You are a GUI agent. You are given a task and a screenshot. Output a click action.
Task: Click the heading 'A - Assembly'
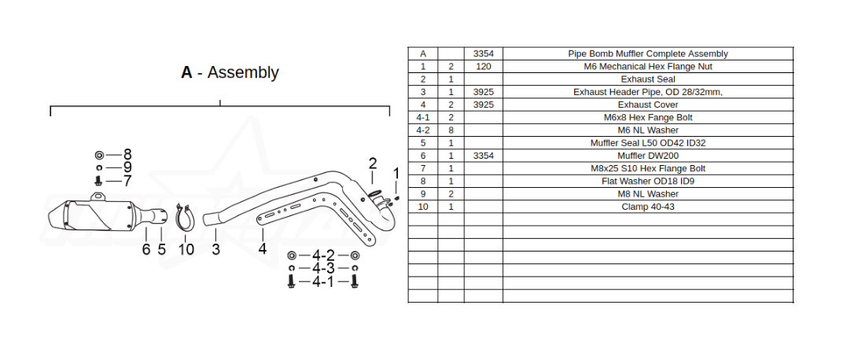(x=230, y=72)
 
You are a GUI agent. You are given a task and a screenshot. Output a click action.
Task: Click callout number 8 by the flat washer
(x=127, y=155)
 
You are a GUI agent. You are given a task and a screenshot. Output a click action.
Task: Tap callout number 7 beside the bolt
(x=127, y=181)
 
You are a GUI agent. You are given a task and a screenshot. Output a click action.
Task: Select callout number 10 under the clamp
(x=186, y=249)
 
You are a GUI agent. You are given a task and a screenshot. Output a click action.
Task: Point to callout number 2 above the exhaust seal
(x=373, y=163)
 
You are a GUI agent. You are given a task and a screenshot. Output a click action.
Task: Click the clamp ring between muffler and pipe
(x=183, y=219)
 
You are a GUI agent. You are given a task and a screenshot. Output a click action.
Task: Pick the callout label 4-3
(x=323, y=268)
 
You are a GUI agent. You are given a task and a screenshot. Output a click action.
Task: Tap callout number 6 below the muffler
(x=146, y=249)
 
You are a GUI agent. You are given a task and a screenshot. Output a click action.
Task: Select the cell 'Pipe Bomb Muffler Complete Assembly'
(x=648, y=53)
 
